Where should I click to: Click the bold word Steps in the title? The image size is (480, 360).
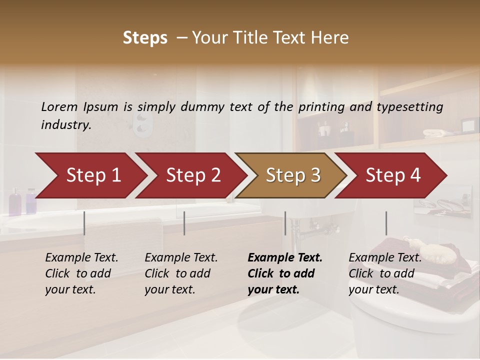click(x=145, y=38)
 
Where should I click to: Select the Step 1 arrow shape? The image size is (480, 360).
click(x=90, y=175)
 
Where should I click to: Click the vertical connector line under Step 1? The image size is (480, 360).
click(x=84, y=223)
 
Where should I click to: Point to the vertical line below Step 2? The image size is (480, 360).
click(x=184, y=223)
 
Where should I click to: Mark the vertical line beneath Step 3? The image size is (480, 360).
click(x=285, y=223)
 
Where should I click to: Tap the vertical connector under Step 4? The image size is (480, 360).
click(x=386, y=223)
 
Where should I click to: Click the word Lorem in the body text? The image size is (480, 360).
click(x=59, y=107)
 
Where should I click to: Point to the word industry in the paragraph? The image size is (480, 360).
click(x=65, y=125)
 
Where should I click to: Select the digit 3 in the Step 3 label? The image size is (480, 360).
click(x=315, y=175)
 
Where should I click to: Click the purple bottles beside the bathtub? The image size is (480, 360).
click(x=22, y=201)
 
